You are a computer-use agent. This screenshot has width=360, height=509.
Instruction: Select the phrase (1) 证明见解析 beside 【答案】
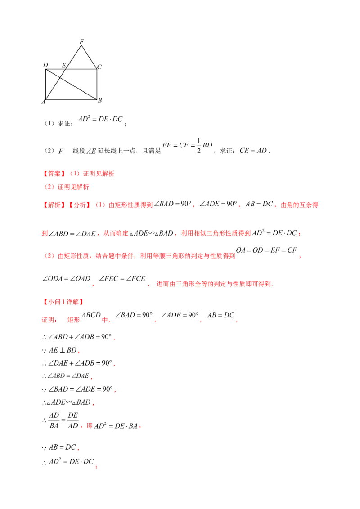90,174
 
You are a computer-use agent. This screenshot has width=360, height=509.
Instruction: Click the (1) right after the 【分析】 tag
100,205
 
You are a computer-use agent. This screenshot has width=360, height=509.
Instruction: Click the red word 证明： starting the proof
49,320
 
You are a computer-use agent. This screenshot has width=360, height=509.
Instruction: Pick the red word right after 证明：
73,320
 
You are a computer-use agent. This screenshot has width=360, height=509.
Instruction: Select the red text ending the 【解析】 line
300,205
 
